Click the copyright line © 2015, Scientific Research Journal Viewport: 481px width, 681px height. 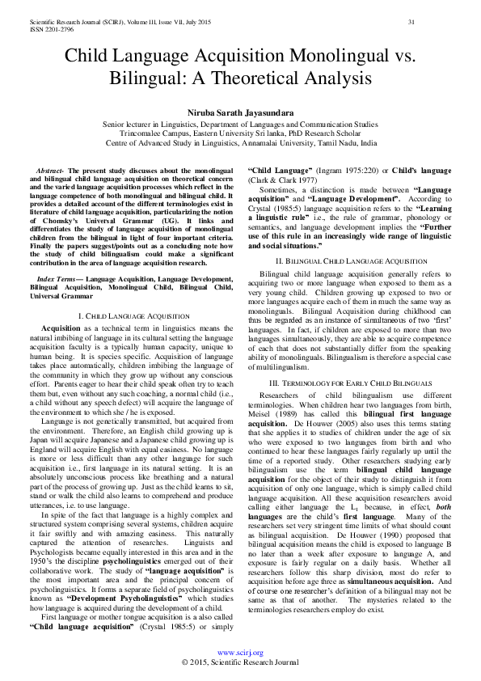coord(241,662)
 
